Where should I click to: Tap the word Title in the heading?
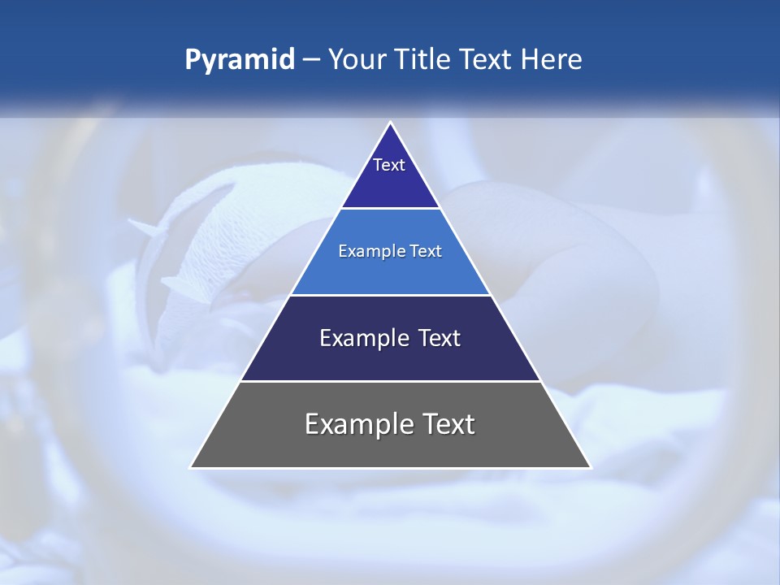click(x=425, y=60)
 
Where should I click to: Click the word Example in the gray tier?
click(x=355, y=425)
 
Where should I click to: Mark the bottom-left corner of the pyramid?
click(x=191, y=467)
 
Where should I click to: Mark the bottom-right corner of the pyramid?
click(x=591, y=467)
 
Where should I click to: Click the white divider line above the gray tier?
click(x=390, y=381)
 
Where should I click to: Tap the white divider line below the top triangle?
click(x=390, y=209)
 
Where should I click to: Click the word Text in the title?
click(x=485, y=60)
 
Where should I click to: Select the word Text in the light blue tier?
click(x=426, y=252)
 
